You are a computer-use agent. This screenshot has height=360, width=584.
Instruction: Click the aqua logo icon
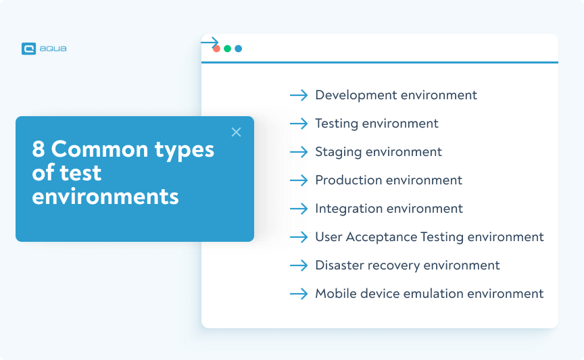pyautogui.click(x=28, y=49)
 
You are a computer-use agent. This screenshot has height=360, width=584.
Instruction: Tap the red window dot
pyautogui.click(x=216, y=49)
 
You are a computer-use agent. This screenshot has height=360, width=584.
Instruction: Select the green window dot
pyautogui.click(x=228, y=49)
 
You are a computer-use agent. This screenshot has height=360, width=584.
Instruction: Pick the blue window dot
pyautogui.click(x=239, y=49)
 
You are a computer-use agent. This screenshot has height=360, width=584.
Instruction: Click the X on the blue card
pyautogui.click(x=236, y=132)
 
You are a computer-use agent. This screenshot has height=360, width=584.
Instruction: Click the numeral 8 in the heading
pyautogui.click(x=39, y=149)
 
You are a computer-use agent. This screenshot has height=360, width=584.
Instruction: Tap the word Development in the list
pyautogui.click(x=356, y=95)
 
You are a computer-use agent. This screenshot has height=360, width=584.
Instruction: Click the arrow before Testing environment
pyautogui.click(x=299, y=124)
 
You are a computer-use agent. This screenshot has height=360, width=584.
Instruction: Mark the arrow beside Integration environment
pyautogui.click(x=299, y=209)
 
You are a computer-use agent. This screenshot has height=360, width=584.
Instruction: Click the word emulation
pyautogui.click(x=431, y=294)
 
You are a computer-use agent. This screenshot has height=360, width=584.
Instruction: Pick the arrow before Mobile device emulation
pyautogui.click(x=299, y=294)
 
